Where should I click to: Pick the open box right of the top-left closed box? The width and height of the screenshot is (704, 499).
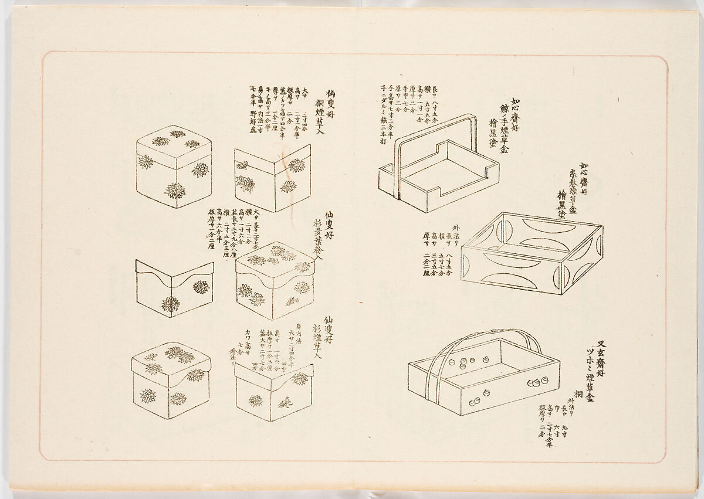click(x=272, y=178)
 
